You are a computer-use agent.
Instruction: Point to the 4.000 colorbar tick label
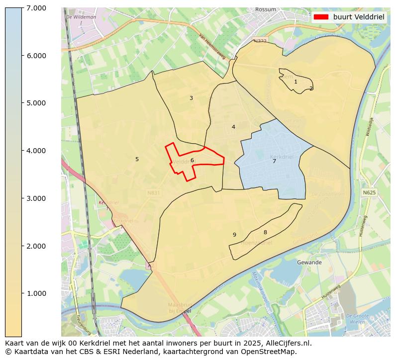36,151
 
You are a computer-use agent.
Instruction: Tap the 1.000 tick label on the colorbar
36,293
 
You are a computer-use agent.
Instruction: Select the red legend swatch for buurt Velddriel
321,16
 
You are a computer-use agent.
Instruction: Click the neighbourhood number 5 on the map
137,159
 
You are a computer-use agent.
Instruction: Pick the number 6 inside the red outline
192,160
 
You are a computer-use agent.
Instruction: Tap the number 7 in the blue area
274,161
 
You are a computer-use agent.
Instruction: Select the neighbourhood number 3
191,98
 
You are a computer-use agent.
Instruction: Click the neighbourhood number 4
233,127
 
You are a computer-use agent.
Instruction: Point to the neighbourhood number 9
234,235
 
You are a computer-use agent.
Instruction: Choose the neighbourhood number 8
265,232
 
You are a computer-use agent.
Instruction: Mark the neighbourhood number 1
296,82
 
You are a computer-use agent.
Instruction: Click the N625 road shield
369,192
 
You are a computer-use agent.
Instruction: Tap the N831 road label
154,192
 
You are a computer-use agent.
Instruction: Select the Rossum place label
265,9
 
